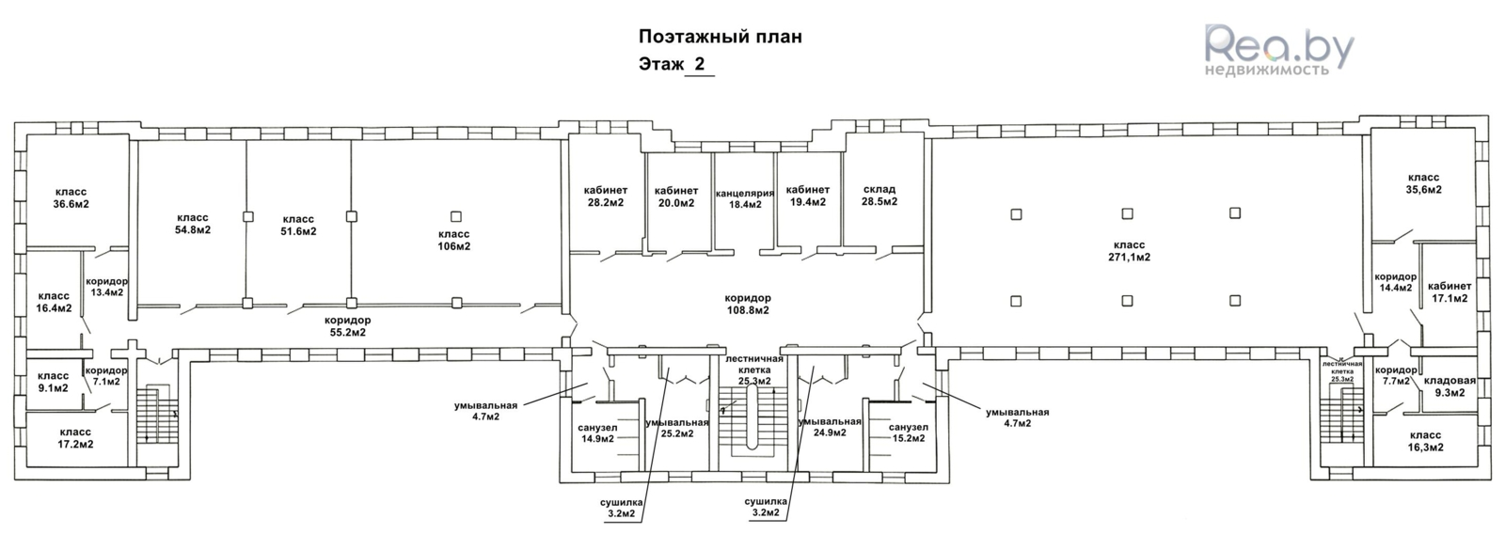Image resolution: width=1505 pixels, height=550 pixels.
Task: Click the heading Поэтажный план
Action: tap(721, 38)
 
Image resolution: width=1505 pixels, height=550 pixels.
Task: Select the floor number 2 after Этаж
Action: tap(699, 65)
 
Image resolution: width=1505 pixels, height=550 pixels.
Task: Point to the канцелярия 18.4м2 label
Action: tap(744, 198)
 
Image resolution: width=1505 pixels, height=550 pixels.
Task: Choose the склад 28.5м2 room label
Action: tap(879, 196)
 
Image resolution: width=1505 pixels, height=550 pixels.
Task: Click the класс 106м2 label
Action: tap(455, 240)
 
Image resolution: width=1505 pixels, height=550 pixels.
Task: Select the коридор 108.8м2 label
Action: tap(748, 304)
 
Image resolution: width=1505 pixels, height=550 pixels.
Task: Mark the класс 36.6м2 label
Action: tap(71, 197)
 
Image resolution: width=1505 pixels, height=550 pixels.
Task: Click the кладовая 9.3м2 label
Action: tap(1450, 387)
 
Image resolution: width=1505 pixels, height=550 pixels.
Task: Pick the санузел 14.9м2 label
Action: tap(597, 432)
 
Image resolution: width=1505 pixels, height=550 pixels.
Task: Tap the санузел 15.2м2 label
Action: tap(909, 432)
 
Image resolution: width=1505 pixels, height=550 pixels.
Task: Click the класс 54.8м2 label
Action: tap(192, 224)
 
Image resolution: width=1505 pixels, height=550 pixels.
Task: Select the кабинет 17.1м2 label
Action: tap(1449, 292)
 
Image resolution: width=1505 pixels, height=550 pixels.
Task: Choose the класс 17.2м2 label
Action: tap(75, 437)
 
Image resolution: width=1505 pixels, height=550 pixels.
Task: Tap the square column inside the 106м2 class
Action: tap(456, 216)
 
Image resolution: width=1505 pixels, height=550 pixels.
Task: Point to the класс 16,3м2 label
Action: tap(1425, 441)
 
